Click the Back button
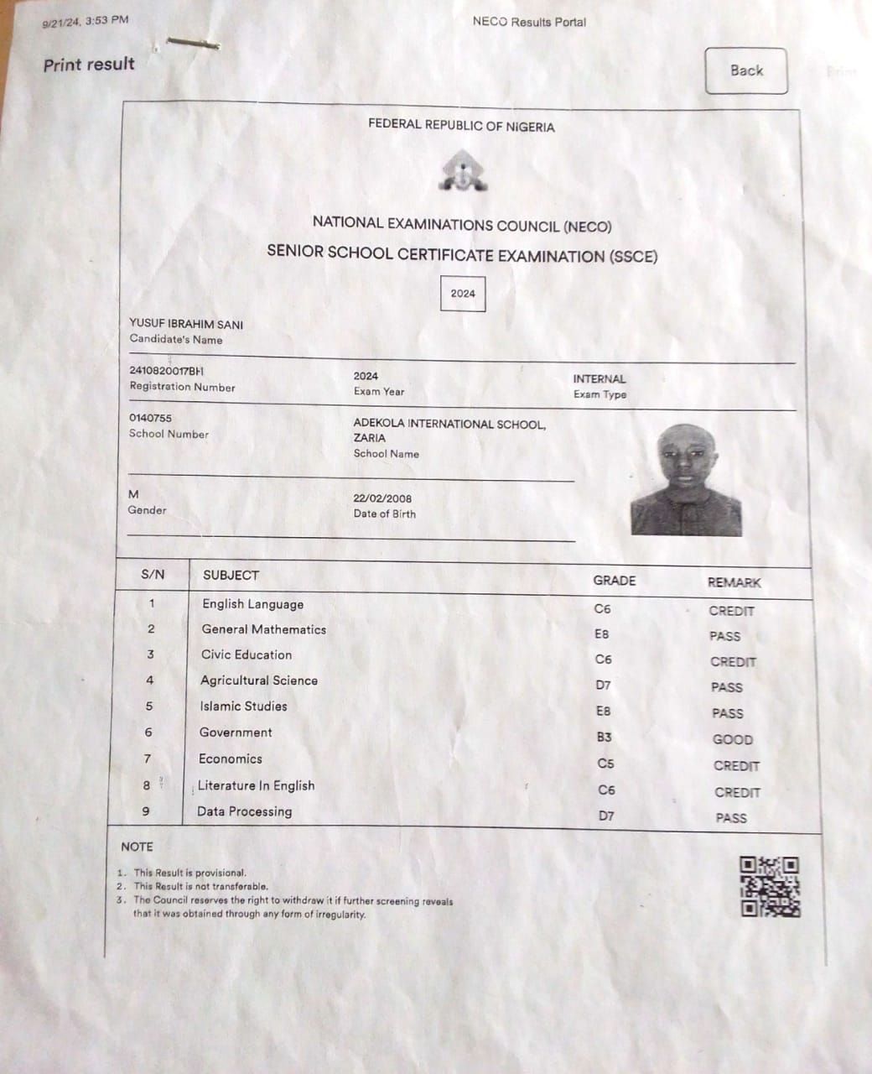[x=745, y=70]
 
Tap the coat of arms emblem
[x=462, y=172]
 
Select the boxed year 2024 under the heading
[x=463, y=294]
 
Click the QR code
[x=770, y=886]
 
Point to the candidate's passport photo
[x=686, y=480]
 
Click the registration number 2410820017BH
[x=167, y=371]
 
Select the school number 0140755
[x=151, y=418]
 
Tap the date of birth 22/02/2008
[x=382, y=498]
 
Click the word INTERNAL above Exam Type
[x=599, y=379]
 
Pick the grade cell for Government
[x=604, y=737]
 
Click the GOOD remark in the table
[x=733, y=739]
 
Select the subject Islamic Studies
[x=243, y=706]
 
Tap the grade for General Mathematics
[x=602, y=634]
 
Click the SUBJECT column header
[x=231, y=576]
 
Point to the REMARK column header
[x=734, y=582]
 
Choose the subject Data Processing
[x=245, y=811]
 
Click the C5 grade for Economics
[x=605, y=764]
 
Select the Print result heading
[x=89, y=65]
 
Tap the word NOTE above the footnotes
[x=137, y=847]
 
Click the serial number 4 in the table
[x=150, y=680]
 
